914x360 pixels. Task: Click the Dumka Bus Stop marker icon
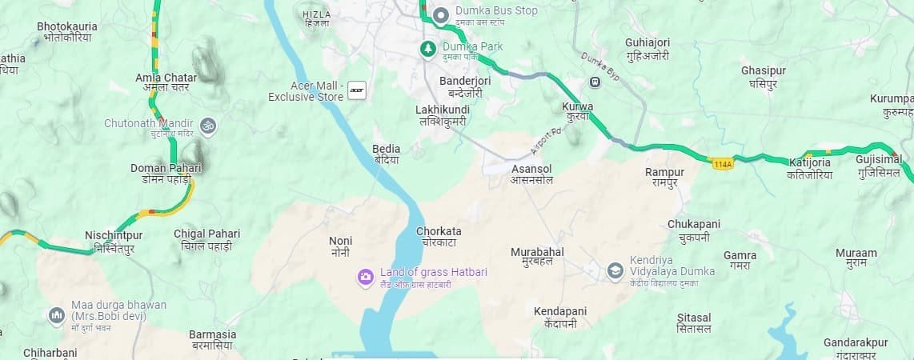click(x=441, y=17)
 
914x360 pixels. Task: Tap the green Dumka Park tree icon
click(x=429, y=49)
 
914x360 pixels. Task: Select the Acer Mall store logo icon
click(x=357, y=90)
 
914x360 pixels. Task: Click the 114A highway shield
click(x=722, y=163)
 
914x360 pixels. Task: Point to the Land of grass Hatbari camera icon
click(x=366, y=278)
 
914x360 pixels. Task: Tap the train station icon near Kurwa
click(x=595, y=82)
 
